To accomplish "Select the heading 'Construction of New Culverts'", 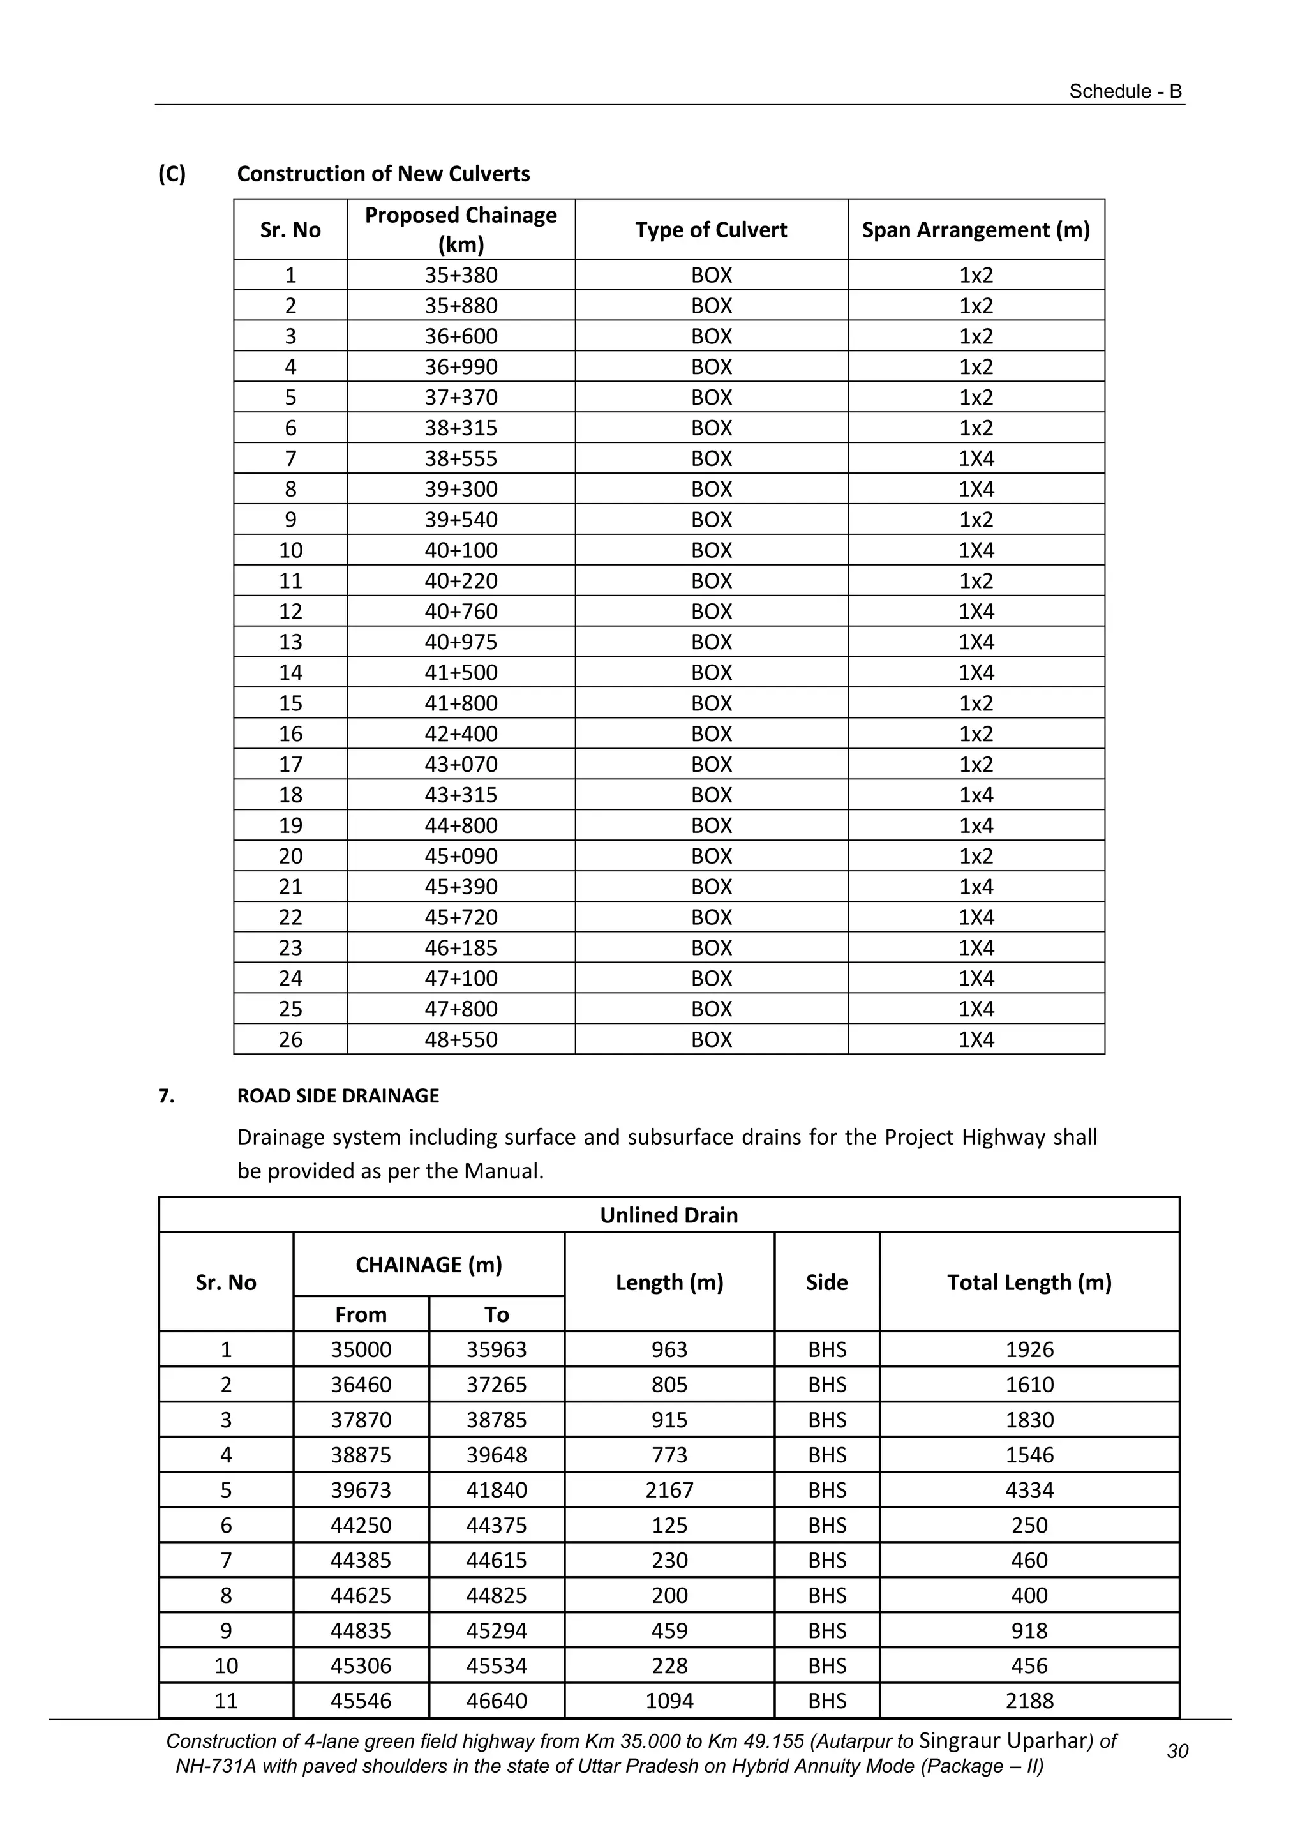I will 383,174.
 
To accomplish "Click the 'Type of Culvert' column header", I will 711,230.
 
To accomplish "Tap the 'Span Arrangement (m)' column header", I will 975,230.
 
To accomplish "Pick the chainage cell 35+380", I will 461,275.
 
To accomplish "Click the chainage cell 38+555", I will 461,459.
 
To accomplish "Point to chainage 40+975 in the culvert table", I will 461,642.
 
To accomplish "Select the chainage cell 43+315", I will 461,795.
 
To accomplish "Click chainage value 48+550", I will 461,1040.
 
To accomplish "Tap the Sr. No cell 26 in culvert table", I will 290,1040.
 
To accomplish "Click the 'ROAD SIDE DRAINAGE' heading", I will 338,1096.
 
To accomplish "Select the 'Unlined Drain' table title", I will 669,1215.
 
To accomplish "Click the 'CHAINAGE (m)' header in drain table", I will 429,1265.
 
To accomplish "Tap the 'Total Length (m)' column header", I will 1029,1283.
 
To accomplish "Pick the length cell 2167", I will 669,1491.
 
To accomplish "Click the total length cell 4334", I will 1029,1491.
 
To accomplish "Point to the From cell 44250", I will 361,1526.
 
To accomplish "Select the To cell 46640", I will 497,1702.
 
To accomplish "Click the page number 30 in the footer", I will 1177,1752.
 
